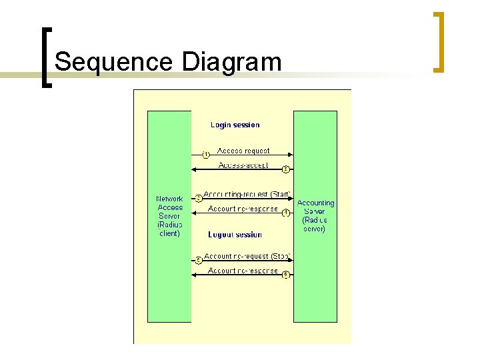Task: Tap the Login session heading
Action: coord(235,125)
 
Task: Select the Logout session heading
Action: coord(235,235)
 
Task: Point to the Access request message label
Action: coord(243,151)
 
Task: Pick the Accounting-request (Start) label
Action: coord(247,194)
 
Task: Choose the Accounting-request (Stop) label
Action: coord(246,256)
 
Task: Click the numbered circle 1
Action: coord(206,155)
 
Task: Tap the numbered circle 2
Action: coord(285,169)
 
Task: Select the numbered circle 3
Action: coord(198,198)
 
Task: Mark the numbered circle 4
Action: coord(285,213)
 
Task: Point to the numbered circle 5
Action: coord(198,260)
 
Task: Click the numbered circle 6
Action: coord(285,275)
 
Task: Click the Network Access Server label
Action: coord(169,216)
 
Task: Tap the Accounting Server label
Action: coord(315,215)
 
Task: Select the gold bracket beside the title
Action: coord(439,41)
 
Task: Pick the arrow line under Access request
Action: coord(247,156)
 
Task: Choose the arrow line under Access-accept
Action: coord(240,171)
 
